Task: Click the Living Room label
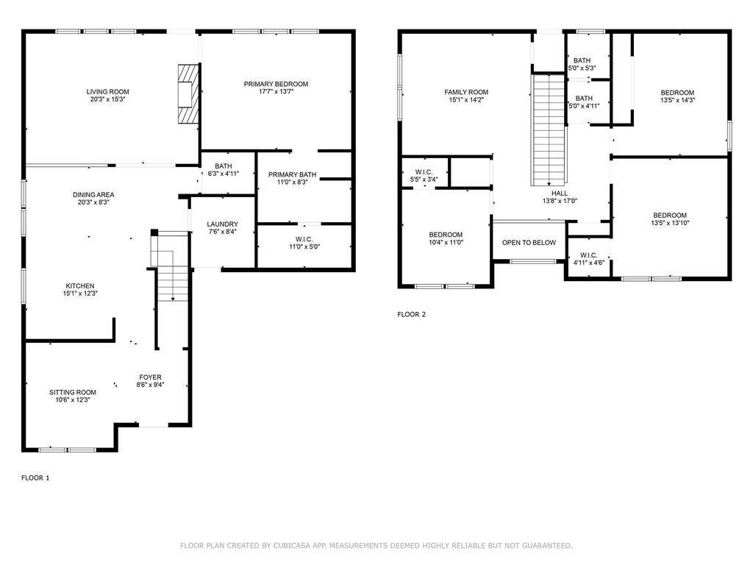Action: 107,92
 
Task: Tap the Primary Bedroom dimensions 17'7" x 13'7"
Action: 276,91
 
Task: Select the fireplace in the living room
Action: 188,93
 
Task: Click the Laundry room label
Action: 222,224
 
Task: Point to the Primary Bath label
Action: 292,174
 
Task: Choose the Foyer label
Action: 150,377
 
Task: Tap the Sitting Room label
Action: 73,392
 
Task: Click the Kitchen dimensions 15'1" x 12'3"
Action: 80,293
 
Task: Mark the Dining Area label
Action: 93,194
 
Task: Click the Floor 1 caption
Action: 35,477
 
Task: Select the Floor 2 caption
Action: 412,314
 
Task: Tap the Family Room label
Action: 466,92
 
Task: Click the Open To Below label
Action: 529,243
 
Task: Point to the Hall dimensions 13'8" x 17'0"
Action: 560,201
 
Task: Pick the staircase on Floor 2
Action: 549,129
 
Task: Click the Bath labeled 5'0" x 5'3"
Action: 582,60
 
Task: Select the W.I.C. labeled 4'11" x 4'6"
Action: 589,255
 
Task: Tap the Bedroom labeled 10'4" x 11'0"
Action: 446,235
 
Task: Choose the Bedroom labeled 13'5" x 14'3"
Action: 677,93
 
